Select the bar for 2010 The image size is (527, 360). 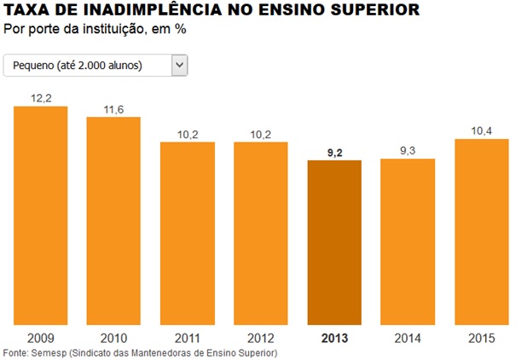pos(113,220)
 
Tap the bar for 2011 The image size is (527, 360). pos(187,233)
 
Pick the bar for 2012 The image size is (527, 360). pos(261,233)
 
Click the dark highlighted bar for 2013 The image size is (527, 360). pos(334,242)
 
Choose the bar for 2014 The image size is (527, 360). pos(408,241)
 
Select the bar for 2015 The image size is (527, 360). pos(481,231)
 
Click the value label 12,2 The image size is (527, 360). pos(40,98)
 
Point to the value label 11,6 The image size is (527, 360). pos(113,109)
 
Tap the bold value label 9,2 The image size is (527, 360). pos(334,152)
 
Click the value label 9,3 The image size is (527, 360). pos(408,151)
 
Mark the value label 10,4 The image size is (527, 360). pos(481,131)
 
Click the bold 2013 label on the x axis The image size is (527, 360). pos(334,337)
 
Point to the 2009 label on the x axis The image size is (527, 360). pos(40,337)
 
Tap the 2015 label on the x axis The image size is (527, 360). pos(481,337)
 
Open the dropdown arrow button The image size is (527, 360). pos(179,65)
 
